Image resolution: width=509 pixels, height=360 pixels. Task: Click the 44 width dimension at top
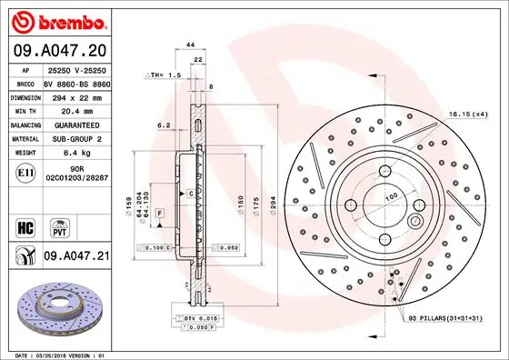click(x=190, y=44)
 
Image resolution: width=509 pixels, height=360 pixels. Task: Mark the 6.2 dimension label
click(x=165, y=125)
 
